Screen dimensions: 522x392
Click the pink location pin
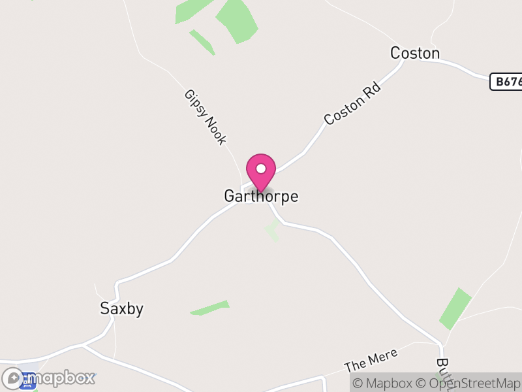(x=261, y=171)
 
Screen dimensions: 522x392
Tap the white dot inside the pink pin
(x=261, y=169)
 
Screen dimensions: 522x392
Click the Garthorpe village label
(x=261, y=196)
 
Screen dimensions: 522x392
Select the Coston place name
(x=415, y=53)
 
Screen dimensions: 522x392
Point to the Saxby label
(x=121, y=309)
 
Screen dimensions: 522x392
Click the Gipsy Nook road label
(x=205, y=117)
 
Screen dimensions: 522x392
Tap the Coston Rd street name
(x=352, y=103)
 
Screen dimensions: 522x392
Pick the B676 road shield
(x=506, y=82)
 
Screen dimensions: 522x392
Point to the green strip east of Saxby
(x=210, y=308)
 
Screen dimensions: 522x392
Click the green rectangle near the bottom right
(x=455, y=308)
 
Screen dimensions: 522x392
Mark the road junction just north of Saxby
(x=117, y=283)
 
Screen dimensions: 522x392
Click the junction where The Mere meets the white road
(x=441, y=344)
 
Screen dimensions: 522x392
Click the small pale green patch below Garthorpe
(x=272, y=230)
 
